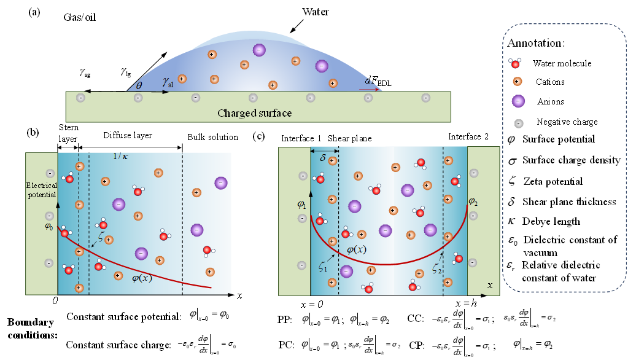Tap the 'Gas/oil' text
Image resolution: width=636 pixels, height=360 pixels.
coord(81,18)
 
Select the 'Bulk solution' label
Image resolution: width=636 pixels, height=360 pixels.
coord(212,137)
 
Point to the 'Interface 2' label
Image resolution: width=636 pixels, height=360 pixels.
coord(468,136)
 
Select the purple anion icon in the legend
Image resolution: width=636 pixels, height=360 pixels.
coord(518,101)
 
